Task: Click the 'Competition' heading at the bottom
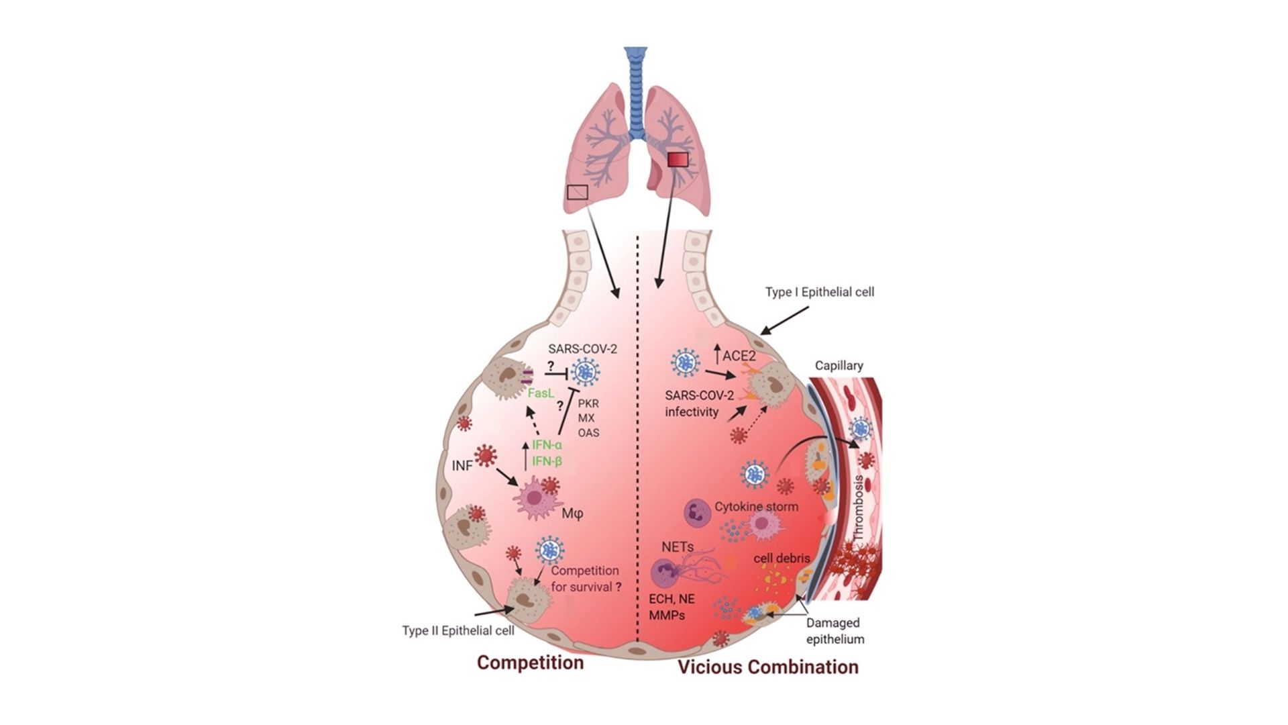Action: (x=530, y=663)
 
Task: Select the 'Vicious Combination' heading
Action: (x=768, y=667)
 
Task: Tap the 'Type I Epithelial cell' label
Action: (x=820, y=292)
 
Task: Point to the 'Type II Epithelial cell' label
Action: (x=458, y=630)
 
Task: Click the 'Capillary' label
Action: (x=839, y=365)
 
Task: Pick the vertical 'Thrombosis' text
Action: (x=858, y=508)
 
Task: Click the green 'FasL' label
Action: (x=541, y=393)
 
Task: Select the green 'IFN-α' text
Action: (x=547, y=444)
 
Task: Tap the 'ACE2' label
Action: (x=739, y=355)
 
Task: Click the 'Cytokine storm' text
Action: (x=756, y=506)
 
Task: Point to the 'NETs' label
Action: (x=678, y=546)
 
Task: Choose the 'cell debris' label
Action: (x=782, y=558)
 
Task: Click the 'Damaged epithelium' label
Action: (x=835, y=631)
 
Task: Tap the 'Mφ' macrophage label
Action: (x=572, y=514)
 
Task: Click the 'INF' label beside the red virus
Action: (x=462, y=465)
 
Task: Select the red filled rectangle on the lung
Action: (x=678, y=160)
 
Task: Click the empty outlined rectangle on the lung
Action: (x=578, y=193)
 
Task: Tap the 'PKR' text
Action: (x=588, y=404)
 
